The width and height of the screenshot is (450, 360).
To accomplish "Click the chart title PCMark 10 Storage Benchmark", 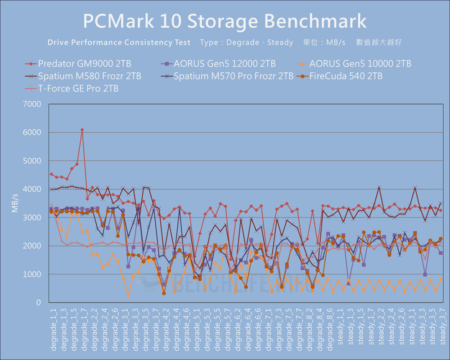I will pyautogui.click(x=225, y=21).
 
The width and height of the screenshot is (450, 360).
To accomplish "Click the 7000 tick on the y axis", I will pyautogui.click(x=32, y=104).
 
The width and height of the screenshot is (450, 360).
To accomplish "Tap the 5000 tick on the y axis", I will pyautogui.click(x=32, y=161).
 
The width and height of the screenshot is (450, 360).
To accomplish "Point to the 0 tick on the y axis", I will pyautogui.click(x=38, y=303).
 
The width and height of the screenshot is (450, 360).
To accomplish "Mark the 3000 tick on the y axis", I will pyautogui.click(x=32, y=218).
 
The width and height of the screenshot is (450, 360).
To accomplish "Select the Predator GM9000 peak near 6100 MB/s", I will pyautogui.click(x=82, y=130).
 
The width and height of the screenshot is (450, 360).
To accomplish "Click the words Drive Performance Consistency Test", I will pyautogui.click(x=119, y=42).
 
